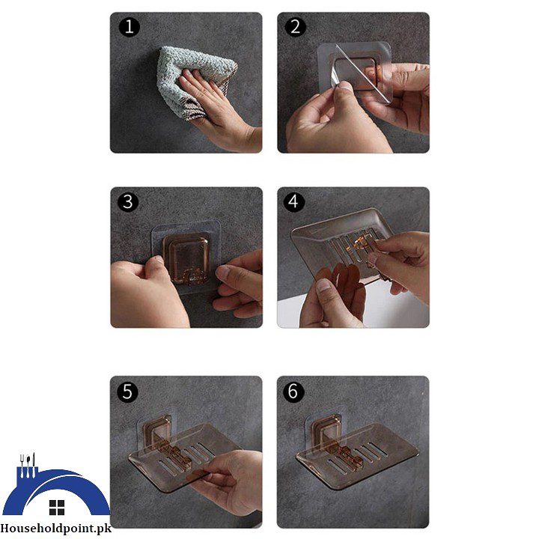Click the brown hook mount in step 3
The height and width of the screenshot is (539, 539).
[x=187, y=258]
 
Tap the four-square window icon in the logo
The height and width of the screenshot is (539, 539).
[x=56, y=508]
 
